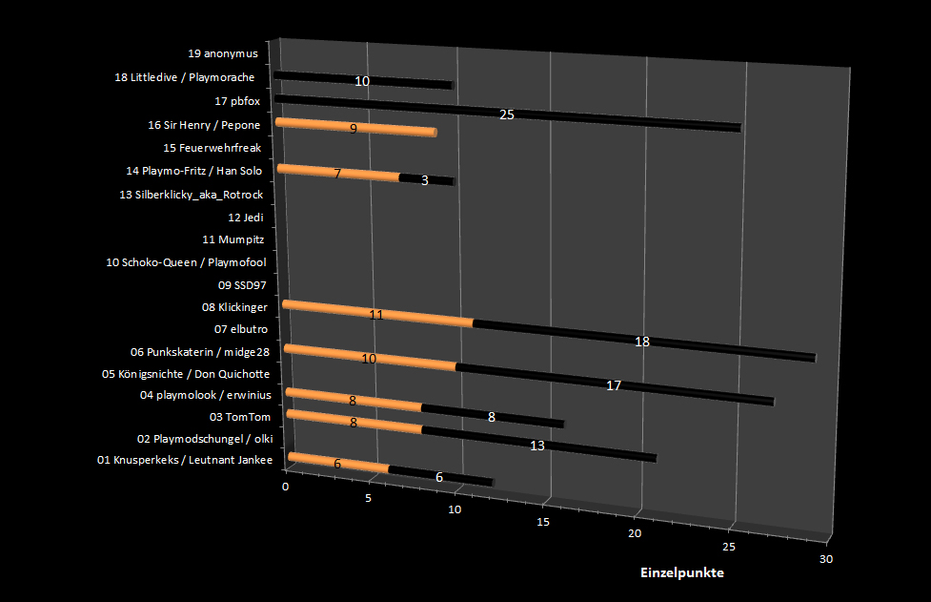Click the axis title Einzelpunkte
(x=681, y=573)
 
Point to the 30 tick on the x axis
(x=825, y=559)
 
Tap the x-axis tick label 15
(x=543, y=522)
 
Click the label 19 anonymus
(x=224, y=54)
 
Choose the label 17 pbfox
(x=237, y=101)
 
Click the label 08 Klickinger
(x=234, y=307)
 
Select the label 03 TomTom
(x=240, y=417)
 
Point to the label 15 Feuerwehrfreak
(x=212, y=148)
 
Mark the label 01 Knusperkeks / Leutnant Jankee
(x=185, y=462)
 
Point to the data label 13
(x=536, y=446)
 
